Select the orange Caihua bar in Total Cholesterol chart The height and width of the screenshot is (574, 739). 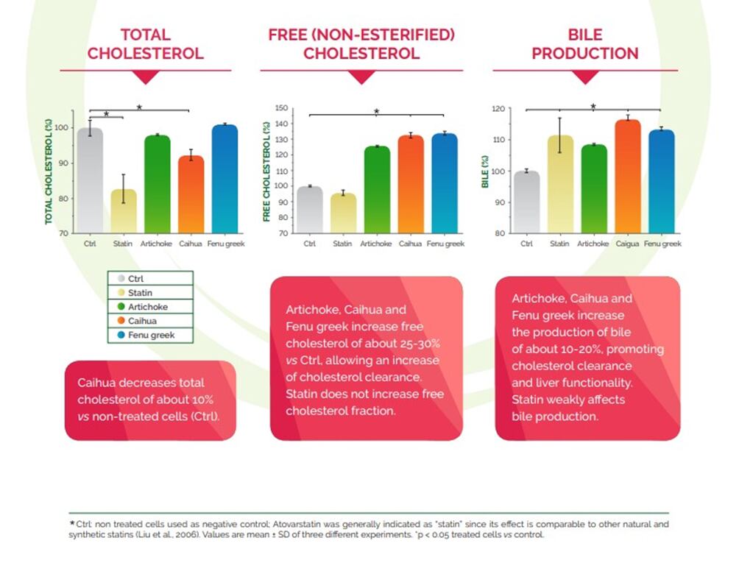pyautogui.click(x=191, y=195)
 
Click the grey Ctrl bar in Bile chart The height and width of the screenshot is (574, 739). pyautogui.click(x=526, y=202)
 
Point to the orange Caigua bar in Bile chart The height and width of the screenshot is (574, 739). pyautogui.click(x=628, y=177)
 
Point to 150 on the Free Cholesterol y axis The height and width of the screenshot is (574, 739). pyautogui.click(x=280, y=108)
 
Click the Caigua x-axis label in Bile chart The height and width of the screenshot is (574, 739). pyautogui.click(x=628, y=244)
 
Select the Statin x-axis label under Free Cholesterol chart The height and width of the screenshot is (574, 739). pyautogui.click(x=342, y=244)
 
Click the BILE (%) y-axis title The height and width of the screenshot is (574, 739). pyautogui.click(x=485, y=171)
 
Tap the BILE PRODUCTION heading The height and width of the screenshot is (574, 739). pyautogui.click(x=584, y=44)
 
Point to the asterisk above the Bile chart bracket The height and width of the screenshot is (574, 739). pyautogui.click(x=593, y=106)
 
